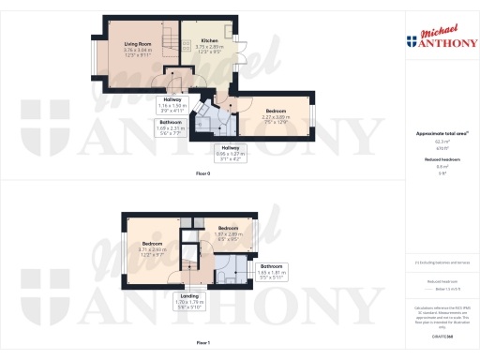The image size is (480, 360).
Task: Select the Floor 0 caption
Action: (202, 174)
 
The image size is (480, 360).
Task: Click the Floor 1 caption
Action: (202, 344)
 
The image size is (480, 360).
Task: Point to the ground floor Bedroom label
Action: (274, 113)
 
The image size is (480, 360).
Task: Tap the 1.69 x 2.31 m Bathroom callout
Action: (171, 127)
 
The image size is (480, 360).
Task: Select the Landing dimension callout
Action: (188, 303)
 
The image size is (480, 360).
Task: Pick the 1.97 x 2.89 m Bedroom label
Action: (229, 232)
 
